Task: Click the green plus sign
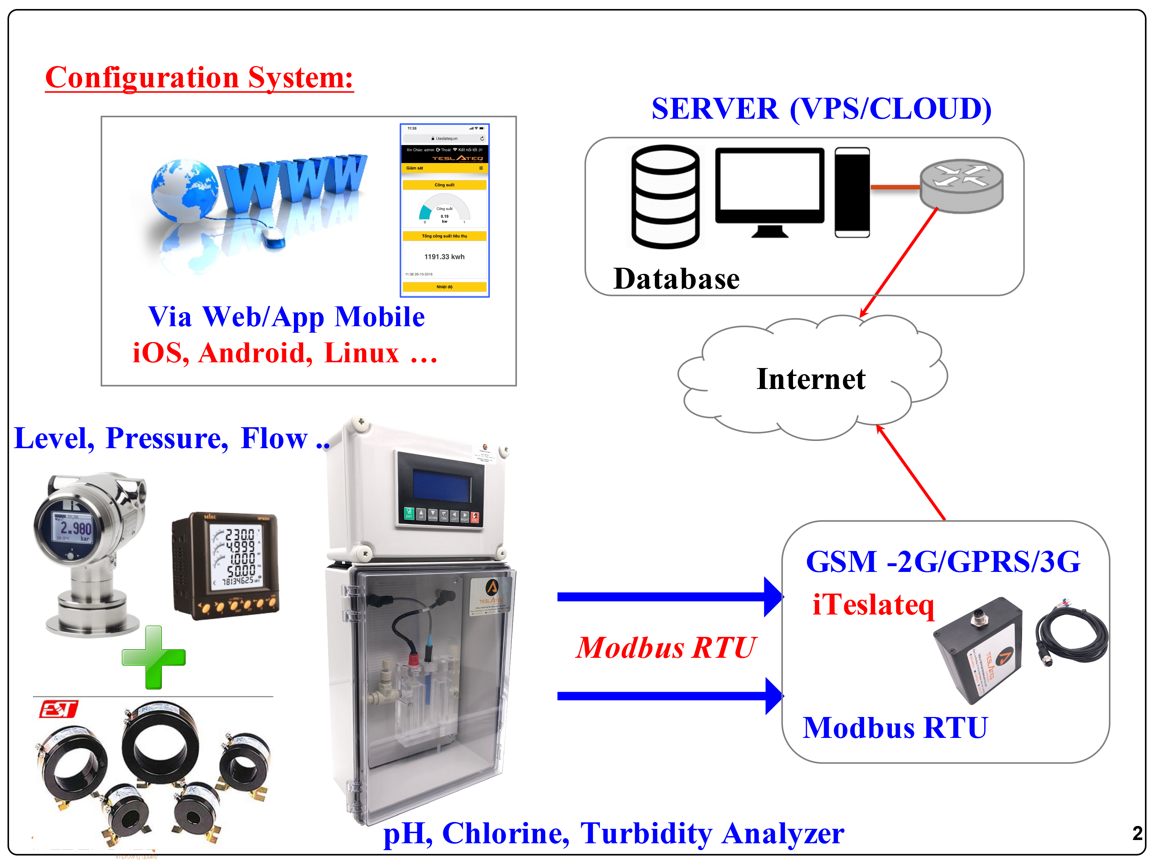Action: click(153, 657)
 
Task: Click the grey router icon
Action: click(961, 186)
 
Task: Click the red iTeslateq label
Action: click(873, 605)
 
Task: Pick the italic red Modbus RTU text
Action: click(665, 648)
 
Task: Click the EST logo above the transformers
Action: click(58, 709)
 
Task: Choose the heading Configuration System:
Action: click(199, 78)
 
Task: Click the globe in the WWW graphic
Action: click(182, 191)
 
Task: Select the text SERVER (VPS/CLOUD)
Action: click(821, 109)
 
